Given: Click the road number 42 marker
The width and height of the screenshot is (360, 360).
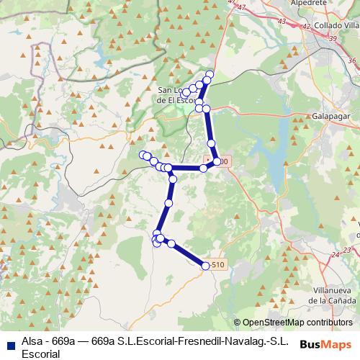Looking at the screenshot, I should [307, 27].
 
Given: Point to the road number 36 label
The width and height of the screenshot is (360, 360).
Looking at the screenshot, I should [351, 60].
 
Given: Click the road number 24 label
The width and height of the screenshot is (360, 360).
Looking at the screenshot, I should [335, 255].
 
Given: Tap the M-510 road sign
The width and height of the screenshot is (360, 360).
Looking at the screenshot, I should [219, 264].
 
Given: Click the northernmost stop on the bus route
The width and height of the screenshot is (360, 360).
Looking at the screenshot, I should [210, 73].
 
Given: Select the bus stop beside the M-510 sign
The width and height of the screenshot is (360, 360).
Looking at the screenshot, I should [206, 266].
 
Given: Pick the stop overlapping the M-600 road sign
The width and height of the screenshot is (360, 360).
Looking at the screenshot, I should [216, 161].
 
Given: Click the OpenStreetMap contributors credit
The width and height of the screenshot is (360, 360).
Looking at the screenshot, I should [297, 323].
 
